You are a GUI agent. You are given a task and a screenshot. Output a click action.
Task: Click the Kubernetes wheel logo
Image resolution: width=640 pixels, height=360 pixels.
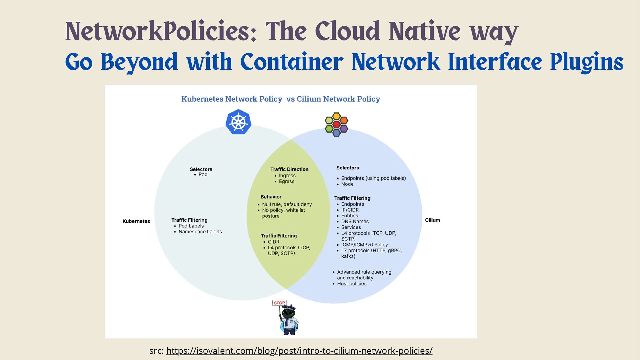(238, 122)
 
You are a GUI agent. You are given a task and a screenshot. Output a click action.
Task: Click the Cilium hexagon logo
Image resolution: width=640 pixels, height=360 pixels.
(336, 124)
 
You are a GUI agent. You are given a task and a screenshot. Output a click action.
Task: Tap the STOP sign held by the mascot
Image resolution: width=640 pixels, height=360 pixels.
(279, 303)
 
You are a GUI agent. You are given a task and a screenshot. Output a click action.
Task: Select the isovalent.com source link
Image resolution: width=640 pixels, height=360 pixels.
(299, 351)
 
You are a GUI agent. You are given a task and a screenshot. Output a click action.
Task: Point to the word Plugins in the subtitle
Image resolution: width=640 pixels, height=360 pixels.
(586, 62)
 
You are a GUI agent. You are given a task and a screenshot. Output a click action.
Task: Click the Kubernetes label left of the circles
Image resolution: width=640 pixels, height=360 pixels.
(136, 221)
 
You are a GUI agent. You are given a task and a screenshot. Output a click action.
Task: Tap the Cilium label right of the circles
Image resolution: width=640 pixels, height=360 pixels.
(432, 220)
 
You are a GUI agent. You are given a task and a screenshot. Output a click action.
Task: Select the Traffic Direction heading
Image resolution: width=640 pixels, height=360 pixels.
(289, 169)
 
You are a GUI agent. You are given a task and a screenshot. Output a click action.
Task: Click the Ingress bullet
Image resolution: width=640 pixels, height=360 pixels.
(287, 176)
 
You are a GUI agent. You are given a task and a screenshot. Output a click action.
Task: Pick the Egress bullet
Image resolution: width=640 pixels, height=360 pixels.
(286, 181)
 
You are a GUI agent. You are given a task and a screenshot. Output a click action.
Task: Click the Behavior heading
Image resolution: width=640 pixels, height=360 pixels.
(271, 197)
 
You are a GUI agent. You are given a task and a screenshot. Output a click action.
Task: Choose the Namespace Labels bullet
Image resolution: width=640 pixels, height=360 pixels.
(200, 232)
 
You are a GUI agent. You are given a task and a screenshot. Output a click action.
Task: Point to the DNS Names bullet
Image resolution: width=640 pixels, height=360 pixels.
(355, 221)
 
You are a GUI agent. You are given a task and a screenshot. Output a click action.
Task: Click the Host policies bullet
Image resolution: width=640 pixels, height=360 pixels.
(352, 284)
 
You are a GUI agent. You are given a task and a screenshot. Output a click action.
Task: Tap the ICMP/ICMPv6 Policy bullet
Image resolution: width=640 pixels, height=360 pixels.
(364, 245)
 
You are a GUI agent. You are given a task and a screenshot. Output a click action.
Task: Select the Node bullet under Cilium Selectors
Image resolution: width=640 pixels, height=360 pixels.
(347, 184)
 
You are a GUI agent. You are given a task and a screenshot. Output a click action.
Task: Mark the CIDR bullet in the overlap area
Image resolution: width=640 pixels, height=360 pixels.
(273, 242)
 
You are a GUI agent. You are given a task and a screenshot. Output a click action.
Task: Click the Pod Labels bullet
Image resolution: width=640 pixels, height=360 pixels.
(191, 226)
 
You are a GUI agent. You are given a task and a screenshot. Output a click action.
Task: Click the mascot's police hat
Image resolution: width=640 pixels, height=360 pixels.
(289, 308)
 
